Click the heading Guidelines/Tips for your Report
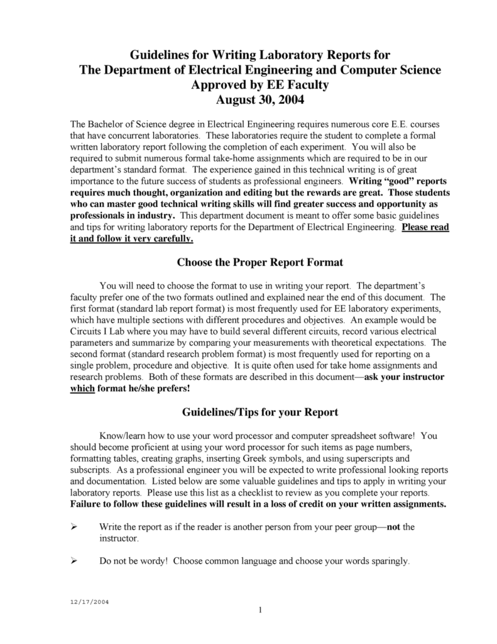259,413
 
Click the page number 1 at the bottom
259,610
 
